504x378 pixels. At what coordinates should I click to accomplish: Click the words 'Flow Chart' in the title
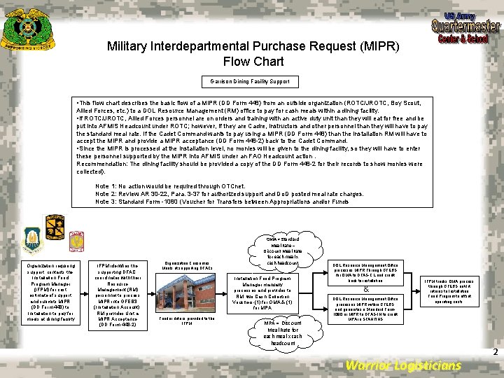pos(253,61)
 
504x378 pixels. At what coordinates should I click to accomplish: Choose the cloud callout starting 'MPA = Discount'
pos(283,332)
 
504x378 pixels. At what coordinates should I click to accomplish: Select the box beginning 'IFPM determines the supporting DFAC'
pos(118,295)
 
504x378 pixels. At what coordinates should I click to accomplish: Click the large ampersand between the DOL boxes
pos(367,288)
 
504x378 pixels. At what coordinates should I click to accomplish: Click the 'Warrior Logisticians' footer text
pos(404,365)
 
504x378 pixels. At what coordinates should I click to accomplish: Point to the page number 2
pos(494,352)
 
